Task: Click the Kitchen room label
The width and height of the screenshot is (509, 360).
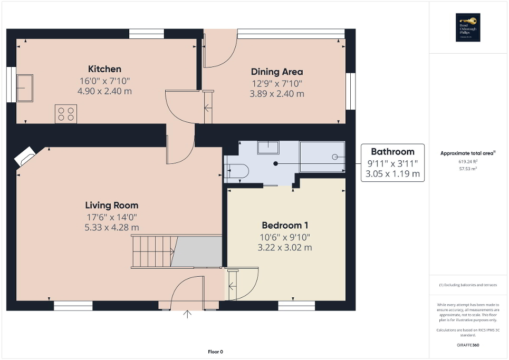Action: click(x=104, y=69)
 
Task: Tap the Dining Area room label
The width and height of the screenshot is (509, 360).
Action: click(x=277, y=72)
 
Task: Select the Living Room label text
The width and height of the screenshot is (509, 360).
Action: click(x=112, y=205)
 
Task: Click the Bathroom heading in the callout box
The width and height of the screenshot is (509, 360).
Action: click(x=392, y=152)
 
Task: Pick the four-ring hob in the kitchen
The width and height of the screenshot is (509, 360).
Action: click(x=66, y=114)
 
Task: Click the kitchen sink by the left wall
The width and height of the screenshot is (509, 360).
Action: click(x=25, y=87)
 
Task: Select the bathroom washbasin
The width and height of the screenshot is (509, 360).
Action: click(x=268, y=147)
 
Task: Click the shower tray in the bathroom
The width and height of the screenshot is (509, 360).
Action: click(x=322, y=157)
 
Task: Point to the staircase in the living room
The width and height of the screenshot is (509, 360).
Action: click(x=153, y=251)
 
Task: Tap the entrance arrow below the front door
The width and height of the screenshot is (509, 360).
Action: click(x=187, y=315)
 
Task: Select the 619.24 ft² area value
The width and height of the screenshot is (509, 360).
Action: click(x=468, y=162)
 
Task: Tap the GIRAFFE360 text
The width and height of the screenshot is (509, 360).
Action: click(x=468, y=345)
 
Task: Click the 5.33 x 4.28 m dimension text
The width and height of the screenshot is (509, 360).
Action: click(x=112, y=227)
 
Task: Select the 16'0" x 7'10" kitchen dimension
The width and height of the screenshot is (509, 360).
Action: click(x=104, y=81)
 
